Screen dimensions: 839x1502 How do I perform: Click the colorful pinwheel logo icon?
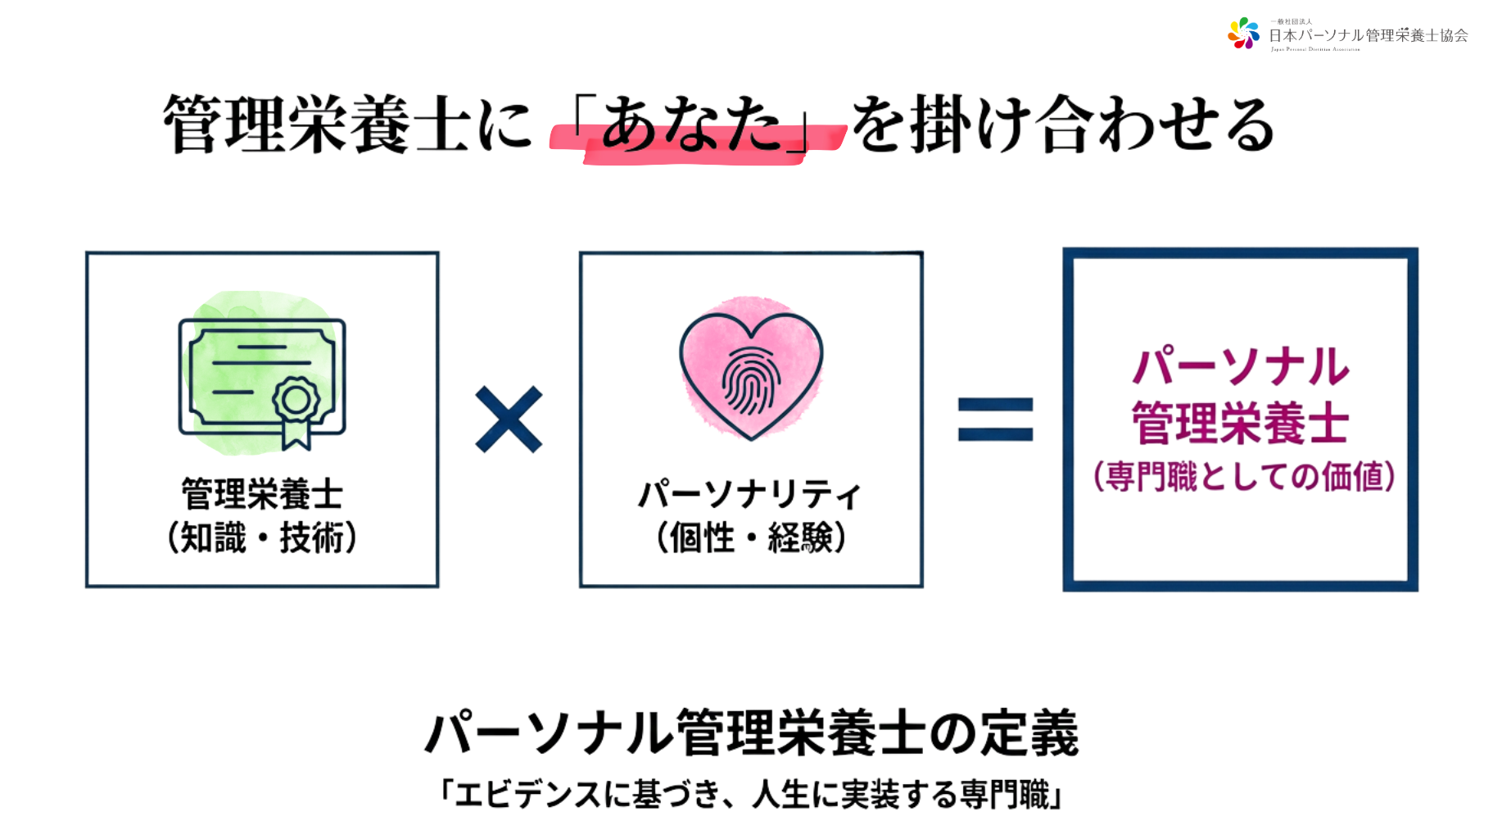[x=1243, y=34]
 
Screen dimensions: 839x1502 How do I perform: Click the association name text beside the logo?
[x=1368, y=35]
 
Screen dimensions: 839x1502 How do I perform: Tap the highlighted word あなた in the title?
[x=692, y=125]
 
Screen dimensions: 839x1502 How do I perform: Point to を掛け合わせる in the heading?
[x=1062, y=125]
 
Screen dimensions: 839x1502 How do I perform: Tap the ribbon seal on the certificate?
[x=296, y=407]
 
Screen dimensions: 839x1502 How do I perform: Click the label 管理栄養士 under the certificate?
[x=262, y=494]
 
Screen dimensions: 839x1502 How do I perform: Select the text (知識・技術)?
[x=262, y=538]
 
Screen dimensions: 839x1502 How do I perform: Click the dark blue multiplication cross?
[x=509, y=419]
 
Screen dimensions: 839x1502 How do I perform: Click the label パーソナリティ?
[x=750, y=494]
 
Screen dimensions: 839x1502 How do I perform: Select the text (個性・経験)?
[x=750, y=538]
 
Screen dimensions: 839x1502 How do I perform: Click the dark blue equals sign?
[x=995, y=419]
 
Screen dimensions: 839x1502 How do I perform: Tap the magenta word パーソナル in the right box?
[x=1240, y=366]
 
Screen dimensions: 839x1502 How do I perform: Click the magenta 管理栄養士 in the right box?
[x=1240, y=423]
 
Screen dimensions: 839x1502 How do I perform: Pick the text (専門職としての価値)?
[x=1243, y=476]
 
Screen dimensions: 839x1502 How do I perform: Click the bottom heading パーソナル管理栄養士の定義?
[x=751, y=732]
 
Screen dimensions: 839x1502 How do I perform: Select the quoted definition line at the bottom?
[x=751, y=794]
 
